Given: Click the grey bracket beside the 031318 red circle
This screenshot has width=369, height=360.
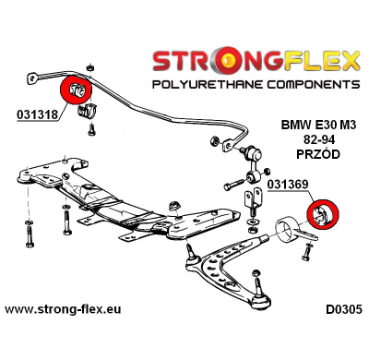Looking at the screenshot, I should (90, 112).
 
